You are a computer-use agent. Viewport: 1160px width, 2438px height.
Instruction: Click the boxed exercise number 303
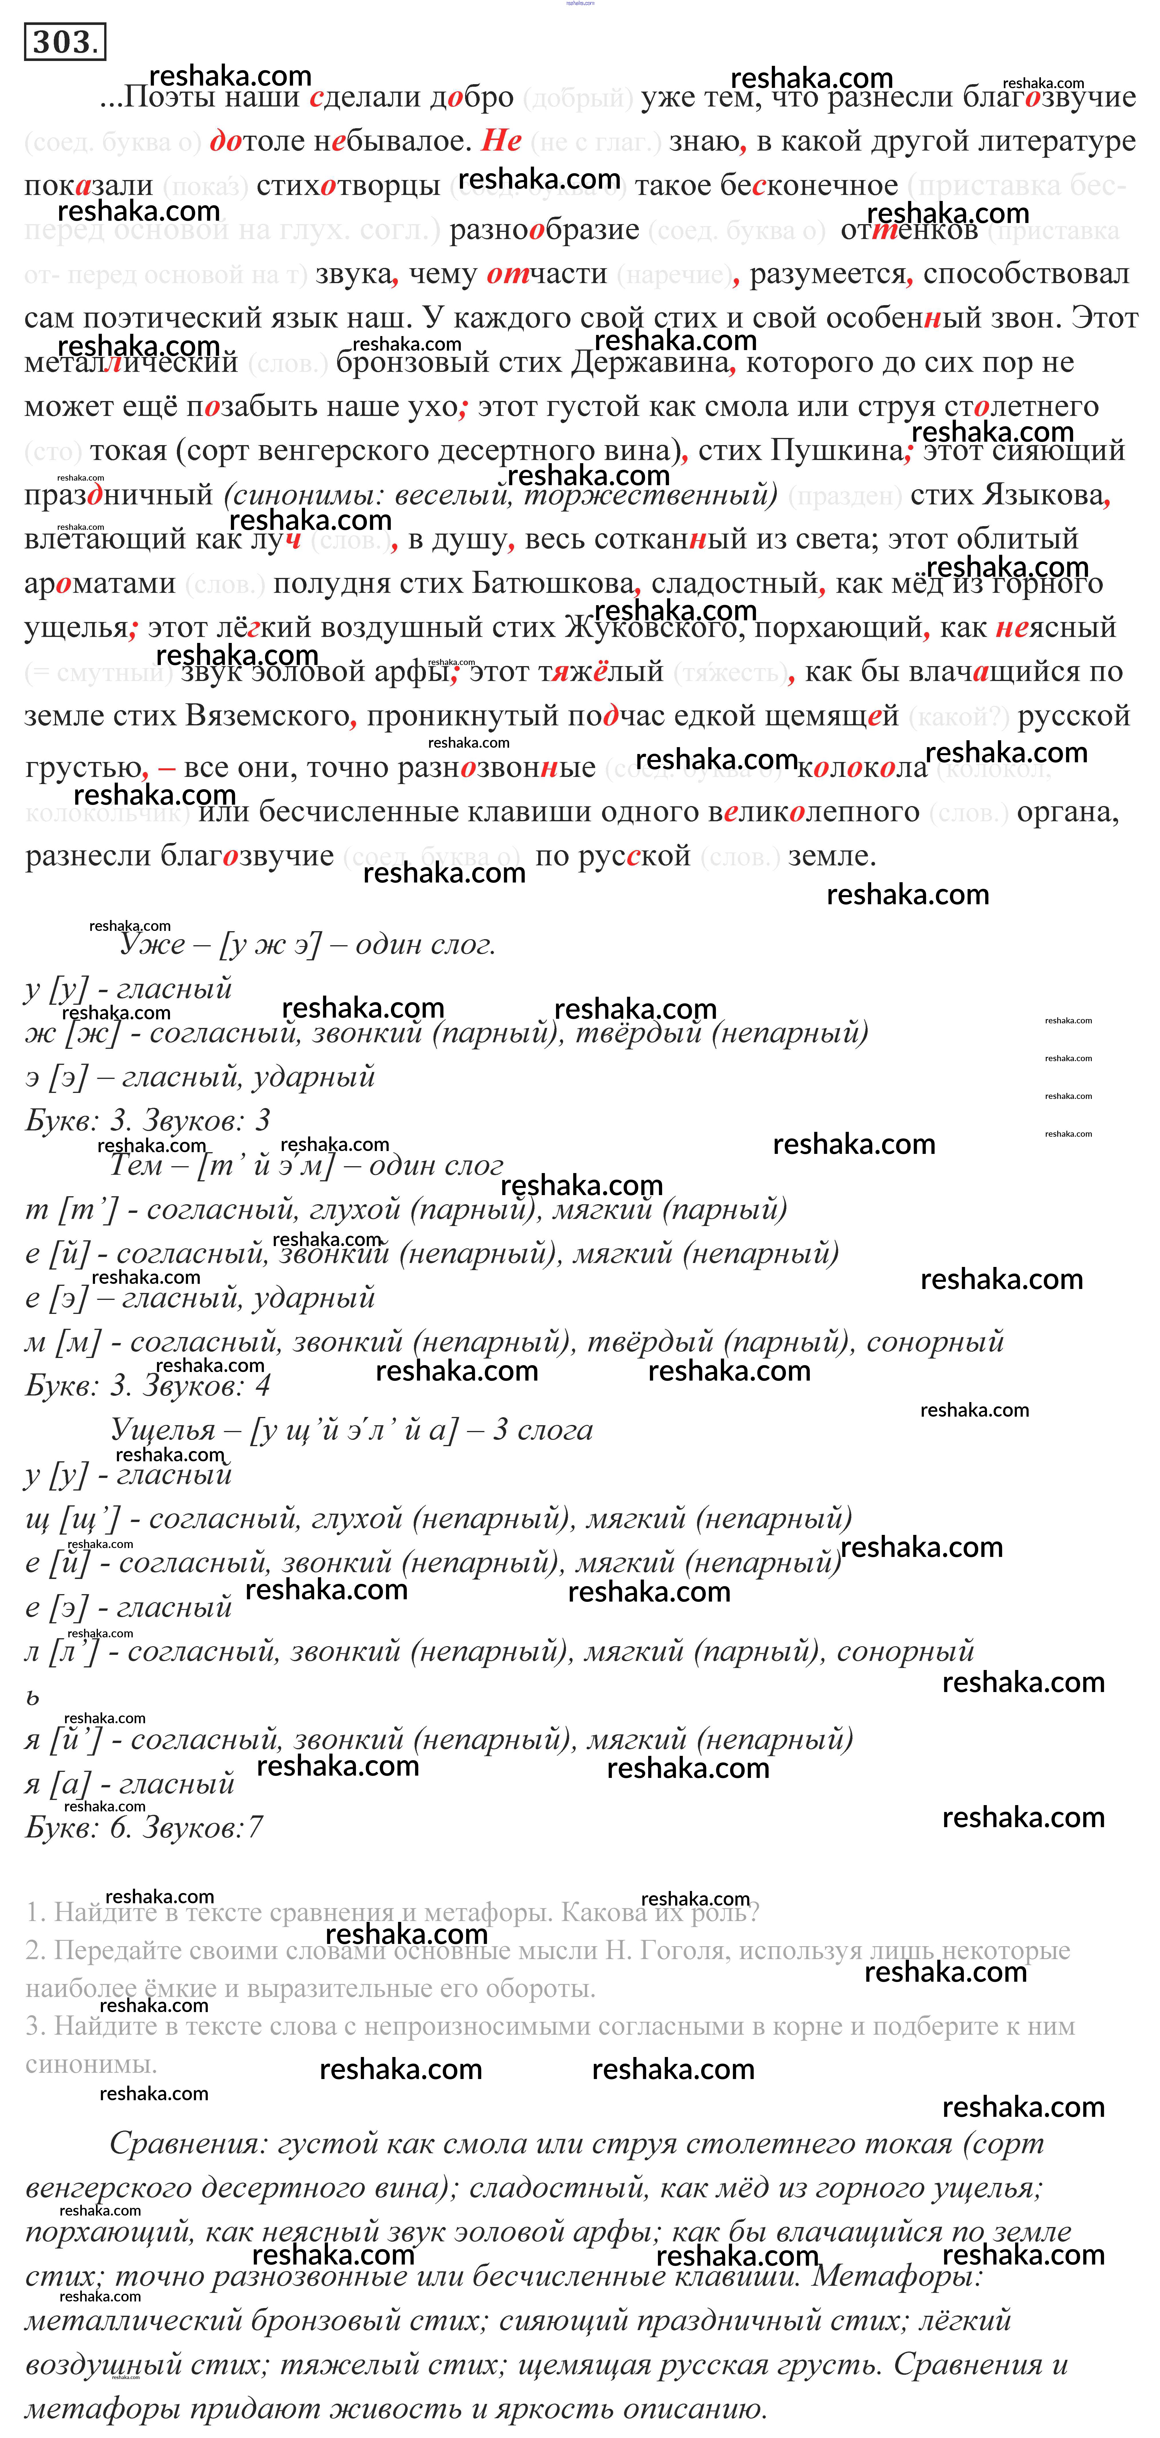pyautogui.click(x=64, y=42)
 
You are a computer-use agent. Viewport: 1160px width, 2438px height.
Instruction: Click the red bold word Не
pyautogui.click(x=501, y=140)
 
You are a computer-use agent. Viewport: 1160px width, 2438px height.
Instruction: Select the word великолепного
pyautogui.click(x=814, y=811)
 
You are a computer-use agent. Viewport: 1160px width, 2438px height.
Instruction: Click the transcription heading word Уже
pyautogui.click(x=151, y=943)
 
